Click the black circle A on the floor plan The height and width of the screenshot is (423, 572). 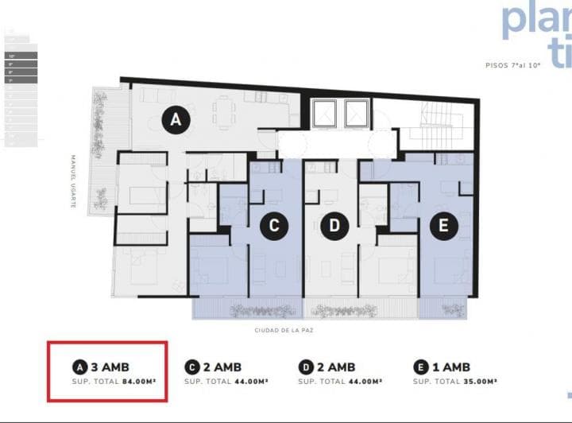176,121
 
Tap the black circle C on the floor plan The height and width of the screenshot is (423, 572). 274,226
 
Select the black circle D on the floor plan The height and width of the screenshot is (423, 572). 334,226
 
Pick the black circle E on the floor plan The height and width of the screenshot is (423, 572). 443,226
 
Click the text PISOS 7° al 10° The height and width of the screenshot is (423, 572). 513,65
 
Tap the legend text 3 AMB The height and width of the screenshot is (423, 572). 110,367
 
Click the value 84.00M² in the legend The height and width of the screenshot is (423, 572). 137,381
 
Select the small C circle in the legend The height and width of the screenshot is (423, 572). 191,367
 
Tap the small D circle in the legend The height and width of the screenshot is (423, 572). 306,367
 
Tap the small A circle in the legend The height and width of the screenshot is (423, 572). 79,367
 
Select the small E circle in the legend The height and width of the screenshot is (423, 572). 420,367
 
